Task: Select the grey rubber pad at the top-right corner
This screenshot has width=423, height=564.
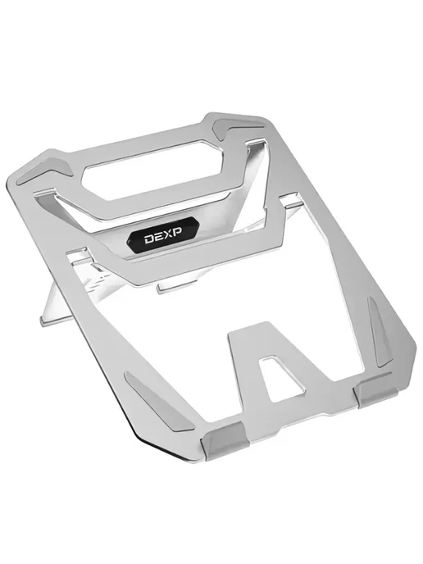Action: point(239,128)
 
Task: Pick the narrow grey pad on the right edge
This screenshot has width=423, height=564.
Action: point(378,330)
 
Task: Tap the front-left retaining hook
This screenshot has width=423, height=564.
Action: point(225,441)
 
